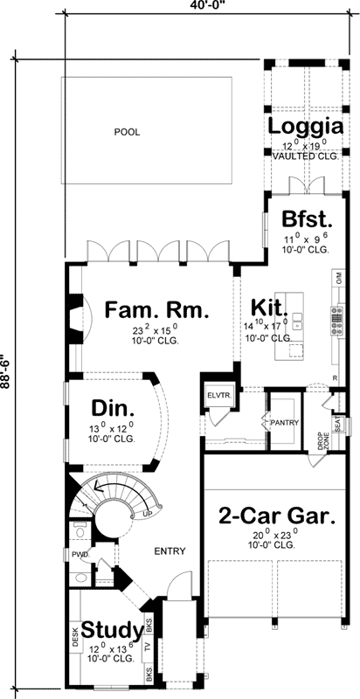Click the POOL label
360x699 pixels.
click(127, 133)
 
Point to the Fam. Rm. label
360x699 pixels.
click(155, 310)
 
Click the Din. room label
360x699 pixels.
click(113, 409)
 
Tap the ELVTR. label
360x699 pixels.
click(217, 394)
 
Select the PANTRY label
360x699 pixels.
click(285, 424)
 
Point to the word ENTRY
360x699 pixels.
click(169, 551)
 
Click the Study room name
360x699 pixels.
click(112, 630)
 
